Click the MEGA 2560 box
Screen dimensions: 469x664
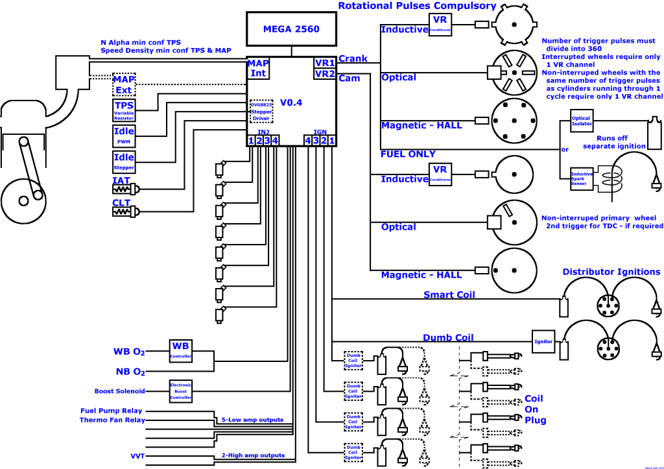pos(291,29)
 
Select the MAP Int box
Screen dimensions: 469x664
pos(258,68)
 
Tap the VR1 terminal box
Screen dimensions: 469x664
pos(324,64)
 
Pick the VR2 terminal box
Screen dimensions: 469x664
pos(324,74)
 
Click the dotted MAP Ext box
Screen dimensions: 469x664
pos(123,84)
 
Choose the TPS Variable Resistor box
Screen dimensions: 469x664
pos(123,110)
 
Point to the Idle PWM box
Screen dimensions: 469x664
pos(123,135)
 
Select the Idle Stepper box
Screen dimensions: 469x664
pos(123,161)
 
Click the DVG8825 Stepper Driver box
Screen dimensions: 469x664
pos(261,112)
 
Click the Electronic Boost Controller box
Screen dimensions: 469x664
pos(181,391)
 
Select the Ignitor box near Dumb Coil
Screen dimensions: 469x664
pos(542,341)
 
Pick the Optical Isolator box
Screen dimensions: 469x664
pos(581,121)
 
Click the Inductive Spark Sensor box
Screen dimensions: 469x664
pos(580,178)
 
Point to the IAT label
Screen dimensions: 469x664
pos(121,180)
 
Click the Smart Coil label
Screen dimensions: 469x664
pos(449,295)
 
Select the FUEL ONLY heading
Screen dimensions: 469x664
pos(408,154)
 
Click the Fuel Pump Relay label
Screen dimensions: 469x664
pos(111,411)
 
